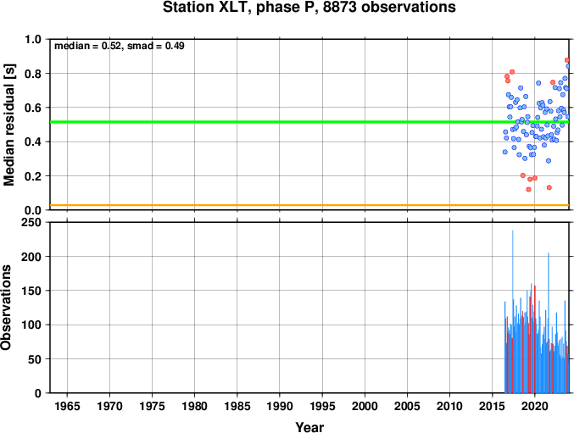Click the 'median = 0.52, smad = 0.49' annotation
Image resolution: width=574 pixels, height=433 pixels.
coord(120,46)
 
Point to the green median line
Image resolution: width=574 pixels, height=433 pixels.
coord(309,122)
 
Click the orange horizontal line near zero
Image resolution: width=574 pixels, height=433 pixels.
coord(309,205)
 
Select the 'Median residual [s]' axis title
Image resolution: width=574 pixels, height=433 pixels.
coord(9,125)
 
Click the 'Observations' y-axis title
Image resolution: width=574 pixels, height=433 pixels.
coord(6,308)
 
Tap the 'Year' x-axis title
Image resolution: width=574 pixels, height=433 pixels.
coord(309,427)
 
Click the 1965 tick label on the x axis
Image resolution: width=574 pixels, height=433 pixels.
coord(67,406)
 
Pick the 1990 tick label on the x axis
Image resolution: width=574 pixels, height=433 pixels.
coord(280,406)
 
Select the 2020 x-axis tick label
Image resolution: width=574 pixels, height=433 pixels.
coord(535,406)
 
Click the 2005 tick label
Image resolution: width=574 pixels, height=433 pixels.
coord(407,406)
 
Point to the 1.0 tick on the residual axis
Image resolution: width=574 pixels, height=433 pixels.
coord(32,39)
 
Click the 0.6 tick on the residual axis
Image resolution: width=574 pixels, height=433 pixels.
coord(32,108)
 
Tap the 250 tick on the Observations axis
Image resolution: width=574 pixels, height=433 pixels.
coord(31,222)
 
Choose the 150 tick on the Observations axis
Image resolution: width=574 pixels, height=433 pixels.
coord(31,291)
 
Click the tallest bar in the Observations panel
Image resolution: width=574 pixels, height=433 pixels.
coord(512,312)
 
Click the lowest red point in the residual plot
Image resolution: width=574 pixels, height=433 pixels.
coord(528,190)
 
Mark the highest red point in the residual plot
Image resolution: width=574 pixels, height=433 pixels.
coord(567,60)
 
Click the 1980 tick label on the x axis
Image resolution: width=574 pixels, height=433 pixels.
coord(194,406)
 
